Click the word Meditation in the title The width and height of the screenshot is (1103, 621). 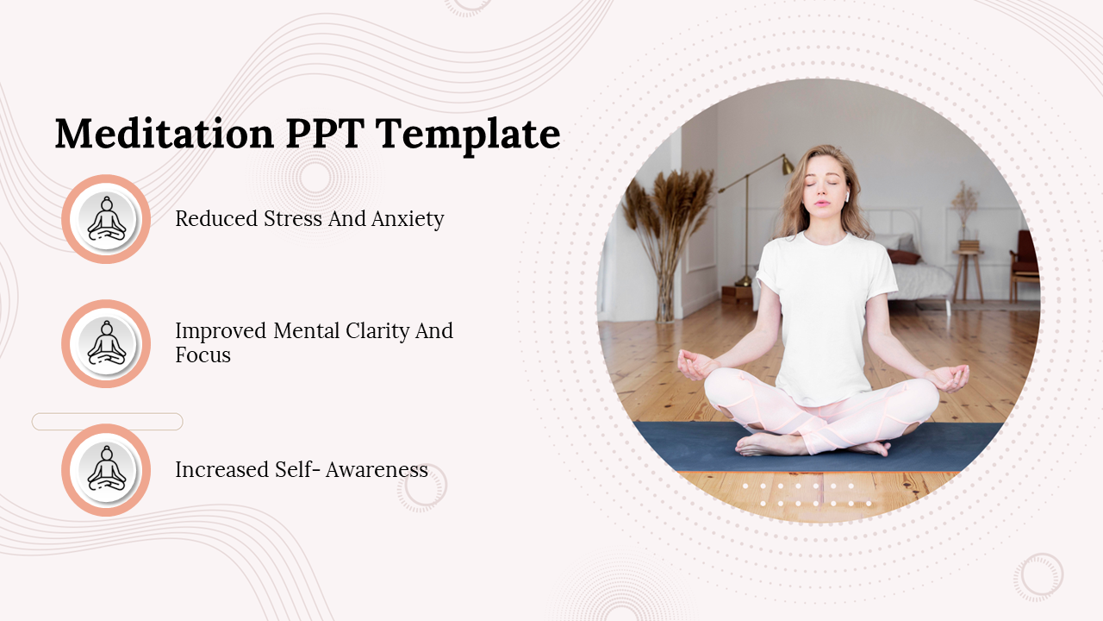pyautogui.click(x=165, y=135)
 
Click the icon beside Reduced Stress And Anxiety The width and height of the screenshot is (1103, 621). pyautogui.click(x=106, y=219)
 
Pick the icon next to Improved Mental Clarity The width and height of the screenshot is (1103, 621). pyautogui.click(x=106, y=343)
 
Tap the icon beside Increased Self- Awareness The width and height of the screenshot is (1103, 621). pyautogui.click(x=106, y=470)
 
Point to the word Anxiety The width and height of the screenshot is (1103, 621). pyautogui.click(x=408, y=219)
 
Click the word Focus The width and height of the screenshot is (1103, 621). pyautogui.click(x=203, y=355)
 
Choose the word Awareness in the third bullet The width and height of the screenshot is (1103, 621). pyautogui.click(x=378, y=470)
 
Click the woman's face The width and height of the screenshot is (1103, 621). pyautogui.click(x=826, y=188)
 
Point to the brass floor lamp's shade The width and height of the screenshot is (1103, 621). pyautogui.click(x=787, y=165)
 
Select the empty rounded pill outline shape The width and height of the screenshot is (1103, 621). pyautogui.click(x=107, y=422)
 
